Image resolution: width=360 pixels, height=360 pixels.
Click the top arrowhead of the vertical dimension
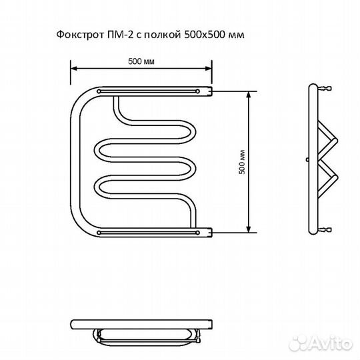click(250, 93)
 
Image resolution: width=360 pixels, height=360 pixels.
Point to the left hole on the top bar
click(99, 90)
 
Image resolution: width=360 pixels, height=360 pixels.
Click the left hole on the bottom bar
click(99, 232)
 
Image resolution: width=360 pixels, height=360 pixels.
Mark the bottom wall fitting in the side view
click(325, 230)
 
